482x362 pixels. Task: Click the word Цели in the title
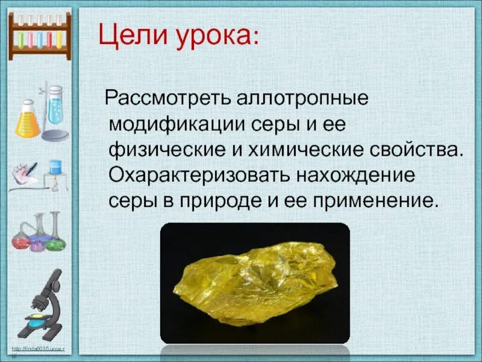click(127, 37)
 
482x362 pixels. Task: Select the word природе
click(214, 202)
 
